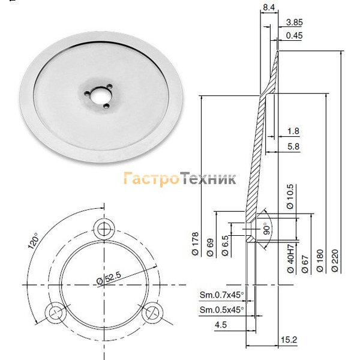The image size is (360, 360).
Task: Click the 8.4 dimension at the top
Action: [x=269, y=7]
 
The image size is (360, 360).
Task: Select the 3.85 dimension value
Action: [x=295, y=22]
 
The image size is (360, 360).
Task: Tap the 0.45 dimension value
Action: [x=295, y=35]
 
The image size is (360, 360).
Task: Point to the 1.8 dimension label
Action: [x=293, y=131]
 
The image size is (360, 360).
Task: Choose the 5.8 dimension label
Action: [x=293, y=146]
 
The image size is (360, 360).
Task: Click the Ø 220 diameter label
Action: [x=335, y=260]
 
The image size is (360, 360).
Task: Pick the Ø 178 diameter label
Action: [x=195, y=244]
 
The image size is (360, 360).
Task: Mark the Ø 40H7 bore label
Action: [x=290, y=258]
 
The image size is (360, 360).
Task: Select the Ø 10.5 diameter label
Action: [x=290, y=197]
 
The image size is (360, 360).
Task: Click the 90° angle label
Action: [x=266, y=229]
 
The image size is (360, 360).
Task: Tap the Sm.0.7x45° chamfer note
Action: [x=222, y=295]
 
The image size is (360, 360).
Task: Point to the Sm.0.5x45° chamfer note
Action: [x=222, y=310]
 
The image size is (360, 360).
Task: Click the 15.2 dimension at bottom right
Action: [x=289, y=340]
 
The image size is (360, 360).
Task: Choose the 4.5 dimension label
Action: [x=221, y=325]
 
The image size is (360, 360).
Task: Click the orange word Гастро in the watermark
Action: [x=152, y=179]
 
